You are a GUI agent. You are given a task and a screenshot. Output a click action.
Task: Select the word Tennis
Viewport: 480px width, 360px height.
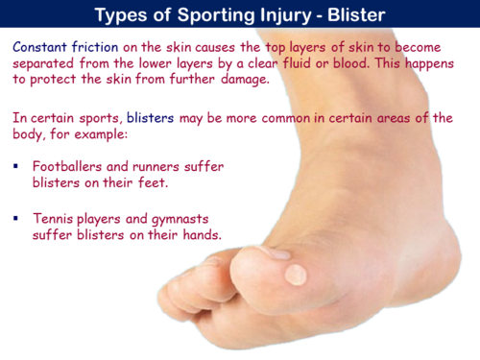[x=53, y=219]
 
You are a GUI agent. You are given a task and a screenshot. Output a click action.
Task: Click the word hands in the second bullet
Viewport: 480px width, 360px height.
[x=199, y=236]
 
